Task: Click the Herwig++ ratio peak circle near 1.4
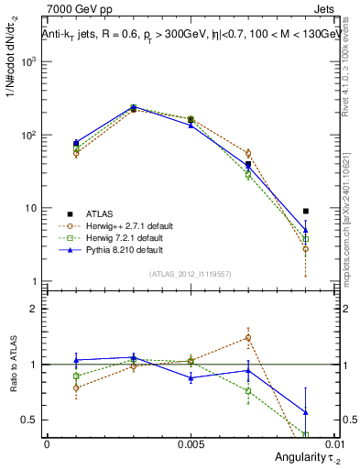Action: [x=247, y=337]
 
